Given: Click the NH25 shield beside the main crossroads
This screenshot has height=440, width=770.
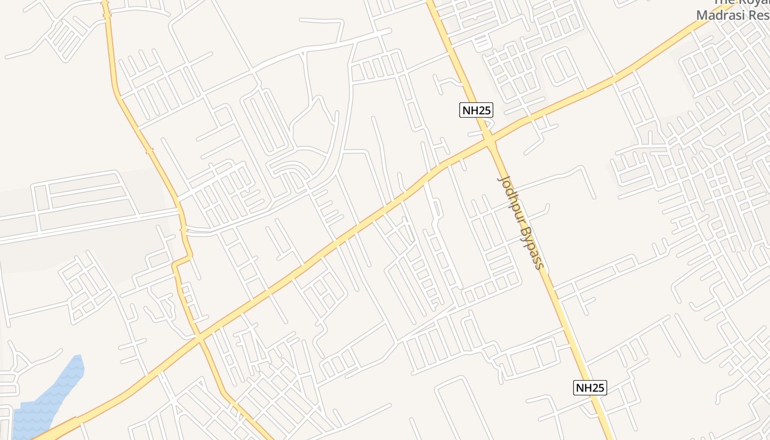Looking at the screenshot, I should coord(476,110).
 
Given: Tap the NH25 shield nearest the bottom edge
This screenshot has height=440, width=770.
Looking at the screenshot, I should coord(590,388).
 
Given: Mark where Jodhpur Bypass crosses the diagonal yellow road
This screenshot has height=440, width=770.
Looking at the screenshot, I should coord(490,141).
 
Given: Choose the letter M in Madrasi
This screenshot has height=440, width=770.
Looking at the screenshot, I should coord(702,15).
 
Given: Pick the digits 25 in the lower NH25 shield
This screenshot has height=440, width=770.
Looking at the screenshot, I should coord(597,388).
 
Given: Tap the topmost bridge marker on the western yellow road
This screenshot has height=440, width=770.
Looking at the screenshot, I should coord(106,15).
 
